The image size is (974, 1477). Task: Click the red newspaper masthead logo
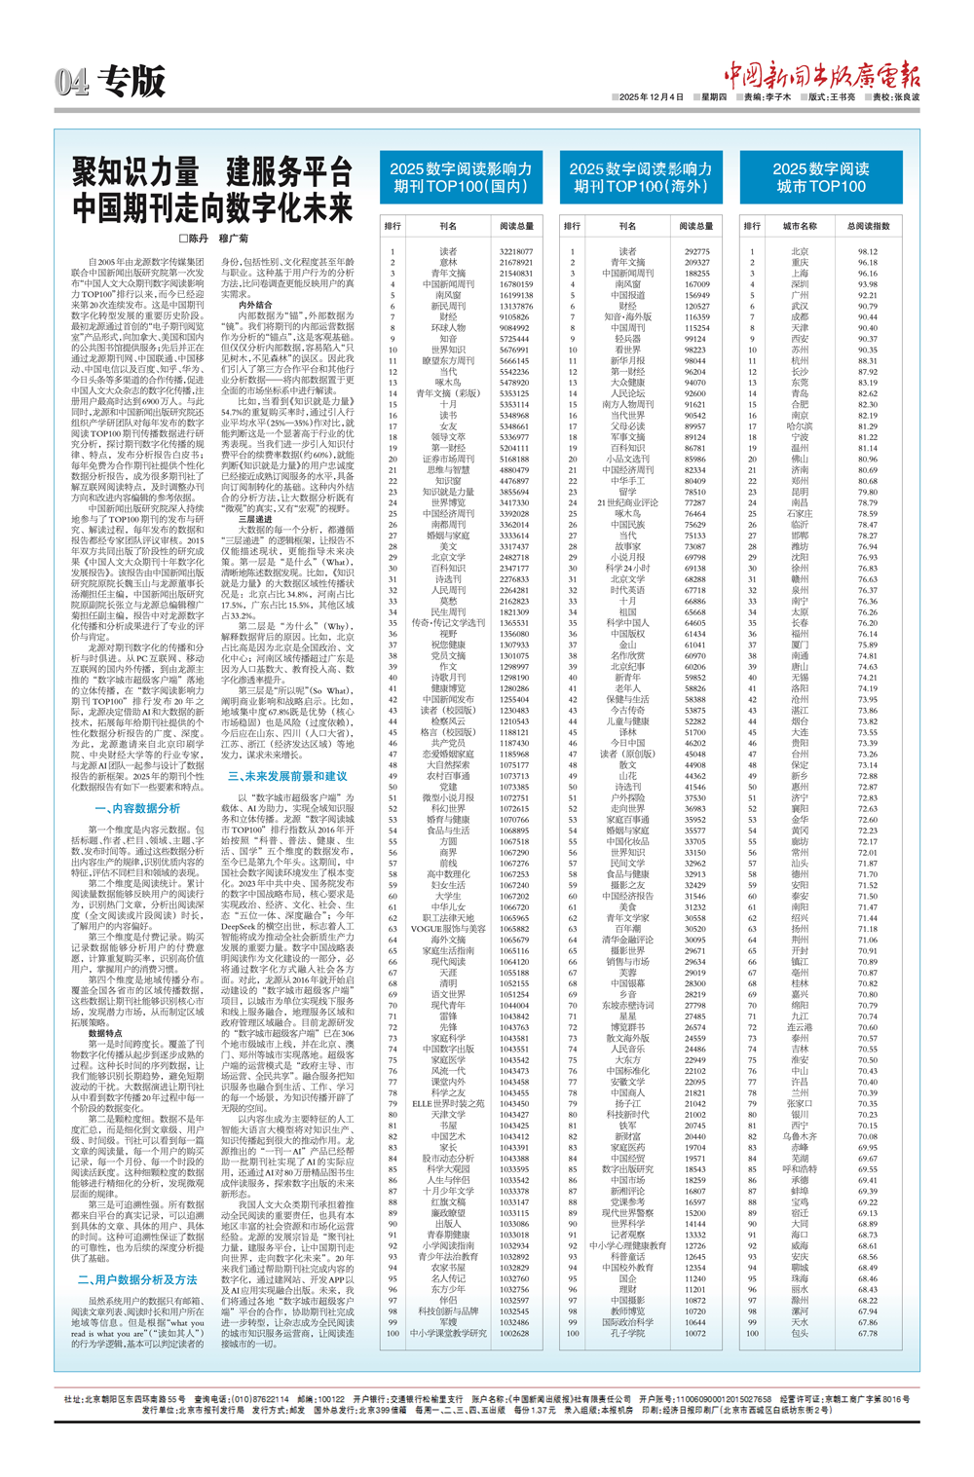click(820, 74)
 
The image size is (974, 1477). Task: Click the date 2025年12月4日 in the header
click(652, 97)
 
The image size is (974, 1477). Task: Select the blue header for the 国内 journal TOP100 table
click(462, 177)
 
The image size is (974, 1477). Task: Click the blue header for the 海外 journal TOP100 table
click(641, 177)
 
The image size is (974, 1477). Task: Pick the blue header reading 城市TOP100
click(820, 177)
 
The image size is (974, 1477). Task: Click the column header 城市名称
click(801, 226)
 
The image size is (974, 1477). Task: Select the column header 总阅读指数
click(868, 226)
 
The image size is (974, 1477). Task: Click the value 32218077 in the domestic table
click(515, 251)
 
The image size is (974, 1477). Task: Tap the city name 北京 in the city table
click(800, 251)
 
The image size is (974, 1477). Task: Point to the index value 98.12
click(867, 251)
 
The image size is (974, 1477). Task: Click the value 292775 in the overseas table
click(696, 251)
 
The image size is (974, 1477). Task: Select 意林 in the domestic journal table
click(448, 263)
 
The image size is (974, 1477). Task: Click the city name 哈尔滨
click(800, 426)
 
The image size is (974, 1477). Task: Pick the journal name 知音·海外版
click(628, 317)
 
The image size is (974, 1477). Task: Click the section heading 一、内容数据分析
click(137, 808)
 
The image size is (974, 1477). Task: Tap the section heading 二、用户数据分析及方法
click(137, 1279)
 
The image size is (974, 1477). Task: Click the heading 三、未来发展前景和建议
click(287, 776)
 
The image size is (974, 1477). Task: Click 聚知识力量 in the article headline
click(135, 173)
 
